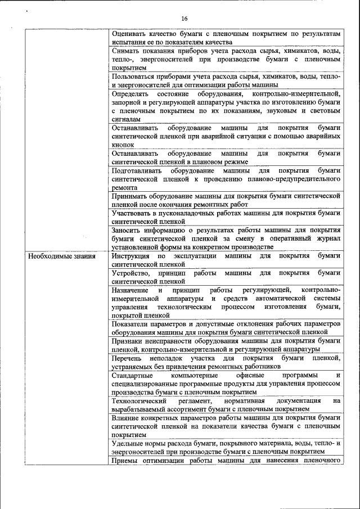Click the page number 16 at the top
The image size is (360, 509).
pyautogui.click(x=184, y=19)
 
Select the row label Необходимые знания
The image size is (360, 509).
pyautogui.click(x=62, y=256)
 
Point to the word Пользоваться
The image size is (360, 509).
pyautogui.click(x=133, y=75)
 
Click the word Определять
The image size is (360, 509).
pyautogui.click(x=130, y=93)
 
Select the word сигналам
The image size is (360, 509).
pyautogui.click(x=127, y=119)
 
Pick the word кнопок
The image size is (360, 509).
pyautogui.click(x=123, y=145)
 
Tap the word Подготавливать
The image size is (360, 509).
pyautogui.click(x=137, y=170)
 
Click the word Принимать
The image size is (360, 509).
pyautogui.click(x=131, y=196)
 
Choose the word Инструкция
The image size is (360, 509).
pyautogui.click(x=132, y=256)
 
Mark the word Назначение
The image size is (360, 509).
pyautogui.click(x=132, y=290)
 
